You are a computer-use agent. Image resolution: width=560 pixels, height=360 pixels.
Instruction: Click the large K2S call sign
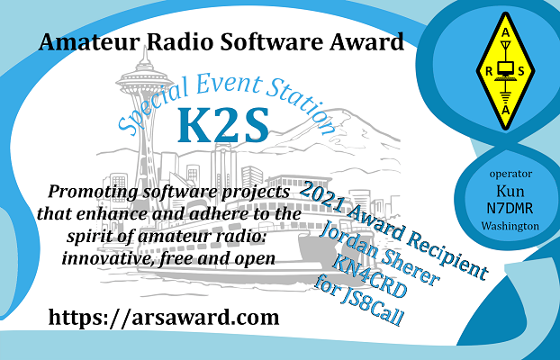[x=223, y=124]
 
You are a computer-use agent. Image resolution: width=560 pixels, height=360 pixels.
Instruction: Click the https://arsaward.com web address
[x=164, y=317]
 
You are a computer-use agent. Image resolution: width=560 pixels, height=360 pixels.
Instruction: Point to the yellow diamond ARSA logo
[x=505, y=71]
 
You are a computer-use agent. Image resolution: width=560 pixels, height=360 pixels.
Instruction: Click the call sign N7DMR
[x=510, y=208]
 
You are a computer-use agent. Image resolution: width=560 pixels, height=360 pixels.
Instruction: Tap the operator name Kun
[x=510, y=192]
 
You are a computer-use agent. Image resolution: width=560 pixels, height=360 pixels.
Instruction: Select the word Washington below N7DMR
[x=510, y=226]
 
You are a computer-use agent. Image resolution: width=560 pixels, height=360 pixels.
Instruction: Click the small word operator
[x=510, y=175]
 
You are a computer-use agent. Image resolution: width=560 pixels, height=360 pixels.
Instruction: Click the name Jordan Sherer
[x=380, y=253]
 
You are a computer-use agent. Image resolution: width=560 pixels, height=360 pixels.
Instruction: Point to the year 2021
[x=321, y=195]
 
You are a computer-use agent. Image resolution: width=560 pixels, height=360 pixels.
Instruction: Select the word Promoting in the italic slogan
[x=93, y=192]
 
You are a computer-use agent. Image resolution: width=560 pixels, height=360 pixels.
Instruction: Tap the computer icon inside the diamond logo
[x=505, y=70]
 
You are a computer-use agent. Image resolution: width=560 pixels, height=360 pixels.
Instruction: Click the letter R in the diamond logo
[x=489, y=71]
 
